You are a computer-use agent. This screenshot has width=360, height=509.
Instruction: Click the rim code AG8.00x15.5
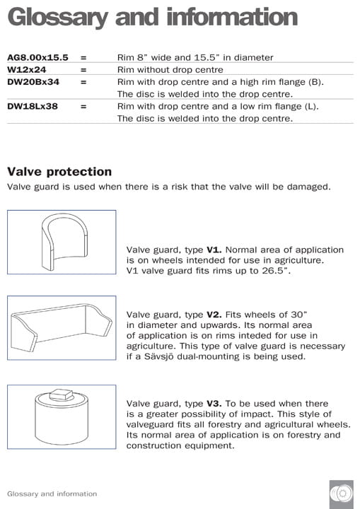click(37, 58)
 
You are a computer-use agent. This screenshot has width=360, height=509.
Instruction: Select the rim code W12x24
click(26, 70)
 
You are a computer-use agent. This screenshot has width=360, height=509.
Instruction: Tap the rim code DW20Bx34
click(33, 82)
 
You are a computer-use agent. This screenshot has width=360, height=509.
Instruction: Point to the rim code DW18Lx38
click(33, 107)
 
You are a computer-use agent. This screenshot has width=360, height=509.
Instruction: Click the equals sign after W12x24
click(83, 70)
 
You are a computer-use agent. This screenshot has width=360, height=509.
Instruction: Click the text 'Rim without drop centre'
click(170, 70)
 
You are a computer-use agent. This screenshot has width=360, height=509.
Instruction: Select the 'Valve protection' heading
click(59, 172)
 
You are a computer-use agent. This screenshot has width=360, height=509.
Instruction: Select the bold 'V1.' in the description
click(214, 250)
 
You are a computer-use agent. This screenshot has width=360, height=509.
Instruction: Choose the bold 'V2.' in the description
click(214, 314)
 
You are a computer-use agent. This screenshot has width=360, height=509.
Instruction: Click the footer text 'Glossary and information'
click(52, 493)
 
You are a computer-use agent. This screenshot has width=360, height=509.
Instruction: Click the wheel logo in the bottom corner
click(341, 493)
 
